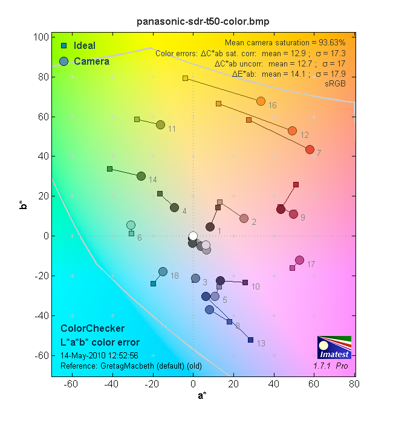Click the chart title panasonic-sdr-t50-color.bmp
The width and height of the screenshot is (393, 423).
203,21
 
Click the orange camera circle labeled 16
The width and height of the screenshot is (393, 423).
261,101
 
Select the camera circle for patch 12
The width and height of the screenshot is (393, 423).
292,131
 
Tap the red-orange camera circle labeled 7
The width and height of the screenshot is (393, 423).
310,149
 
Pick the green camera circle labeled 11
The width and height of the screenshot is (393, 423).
160,124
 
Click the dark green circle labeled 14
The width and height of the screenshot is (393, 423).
141,176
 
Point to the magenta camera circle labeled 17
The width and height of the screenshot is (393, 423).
299,260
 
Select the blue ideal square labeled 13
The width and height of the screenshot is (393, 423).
250,340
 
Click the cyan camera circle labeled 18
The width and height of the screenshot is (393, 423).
163,271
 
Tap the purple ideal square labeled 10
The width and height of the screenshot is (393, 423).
245,282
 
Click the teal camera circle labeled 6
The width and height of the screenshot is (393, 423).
131,225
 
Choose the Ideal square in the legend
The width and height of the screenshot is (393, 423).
63,46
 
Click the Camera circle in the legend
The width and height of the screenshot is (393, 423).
63,61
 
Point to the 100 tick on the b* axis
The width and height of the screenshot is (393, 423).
41,37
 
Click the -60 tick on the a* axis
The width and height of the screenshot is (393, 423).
72,383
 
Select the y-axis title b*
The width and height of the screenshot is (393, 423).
22,207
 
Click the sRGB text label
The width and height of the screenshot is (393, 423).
335,83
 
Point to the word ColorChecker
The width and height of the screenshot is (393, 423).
93,328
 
